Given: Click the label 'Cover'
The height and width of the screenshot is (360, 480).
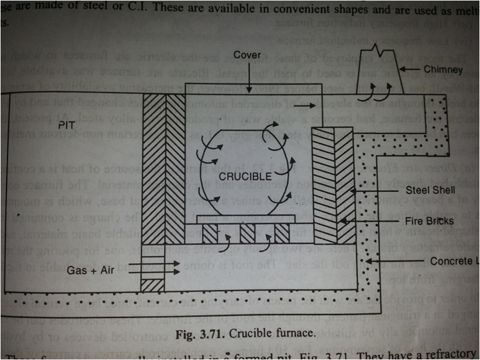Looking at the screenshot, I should coord(247,55).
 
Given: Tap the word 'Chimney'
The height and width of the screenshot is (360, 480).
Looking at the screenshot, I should coord(444,69).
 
